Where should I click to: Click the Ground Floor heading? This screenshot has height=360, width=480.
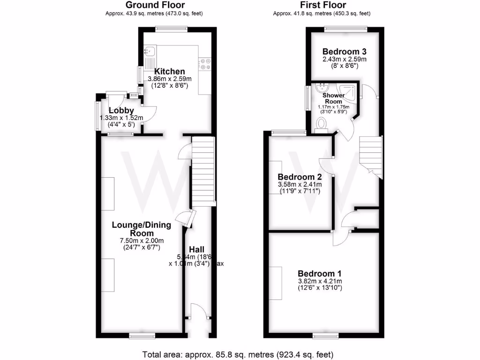click(x=154, y=5)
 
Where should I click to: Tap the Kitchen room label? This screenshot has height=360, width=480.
click(x=163, y=72)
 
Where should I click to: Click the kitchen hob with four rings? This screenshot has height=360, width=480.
click(x=206, y=64)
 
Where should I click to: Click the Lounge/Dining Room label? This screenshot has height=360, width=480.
click(x=141, y=229)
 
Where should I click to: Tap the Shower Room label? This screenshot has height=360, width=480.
click(x=333, y=98)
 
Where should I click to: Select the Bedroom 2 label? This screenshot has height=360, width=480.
click(x=299, y=177)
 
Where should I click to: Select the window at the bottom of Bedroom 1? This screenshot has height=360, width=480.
click(x=323, y=335)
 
